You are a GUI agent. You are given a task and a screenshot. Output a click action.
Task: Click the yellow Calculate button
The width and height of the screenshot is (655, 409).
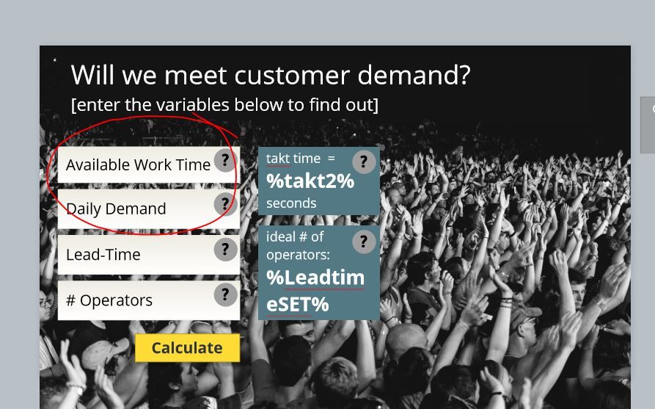pyautogui.click(x=187, y=348)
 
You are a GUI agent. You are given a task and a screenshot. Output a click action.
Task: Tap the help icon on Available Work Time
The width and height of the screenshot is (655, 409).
pyautogui.click(x=226, y=160)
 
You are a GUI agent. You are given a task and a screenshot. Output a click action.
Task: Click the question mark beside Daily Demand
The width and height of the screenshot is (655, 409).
pyautogui.click(x=226, y=204)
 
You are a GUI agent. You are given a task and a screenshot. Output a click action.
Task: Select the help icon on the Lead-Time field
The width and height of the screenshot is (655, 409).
pyautogui.click(x=226, y=250)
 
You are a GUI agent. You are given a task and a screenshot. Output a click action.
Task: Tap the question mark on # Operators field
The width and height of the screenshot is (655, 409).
pyautogui.click(x=226, y=295)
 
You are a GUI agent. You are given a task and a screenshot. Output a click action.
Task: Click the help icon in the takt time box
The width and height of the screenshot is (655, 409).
pyautogui.click(x=364, y=162)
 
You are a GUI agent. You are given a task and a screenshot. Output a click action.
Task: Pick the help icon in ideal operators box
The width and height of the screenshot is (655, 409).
pyautogui.click(x=364, y=242)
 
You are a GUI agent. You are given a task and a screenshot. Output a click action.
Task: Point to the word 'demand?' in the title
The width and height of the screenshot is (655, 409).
pyautogui.click(x=414, y=76)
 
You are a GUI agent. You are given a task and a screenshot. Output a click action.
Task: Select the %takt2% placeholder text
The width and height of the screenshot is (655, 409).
pyautogui.click(x=310, y=181)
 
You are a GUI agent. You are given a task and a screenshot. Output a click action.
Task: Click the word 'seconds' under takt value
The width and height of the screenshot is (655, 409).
pyautogui.click(x=291, y=203)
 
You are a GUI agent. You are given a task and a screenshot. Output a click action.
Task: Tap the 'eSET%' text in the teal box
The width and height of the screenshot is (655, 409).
pyautogui.click(x=297, y=305)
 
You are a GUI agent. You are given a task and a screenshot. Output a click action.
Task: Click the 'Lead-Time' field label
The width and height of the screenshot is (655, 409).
pyautogui.click(x=103, y=255)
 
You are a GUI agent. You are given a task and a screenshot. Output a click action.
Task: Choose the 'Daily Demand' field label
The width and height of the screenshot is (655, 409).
pyautogui.click(x=116, y=209)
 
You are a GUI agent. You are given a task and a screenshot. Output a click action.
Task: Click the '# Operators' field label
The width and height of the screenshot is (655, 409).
pyautogui.click(x=109, y=300)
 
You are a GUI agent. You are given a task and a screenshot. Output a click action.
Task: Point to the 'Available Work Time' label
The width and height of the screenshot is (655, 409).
pyautogui.click(x=139, y=165)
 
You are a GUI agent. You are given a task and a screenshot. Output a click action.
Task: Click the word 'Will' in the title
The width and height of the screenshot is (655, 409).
pyautogui.click(x=93, y=76)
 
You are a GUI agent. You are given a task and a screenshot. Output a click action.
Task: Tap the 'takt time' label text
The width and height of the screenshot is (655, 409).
pyautogui.click(x=293, y=159)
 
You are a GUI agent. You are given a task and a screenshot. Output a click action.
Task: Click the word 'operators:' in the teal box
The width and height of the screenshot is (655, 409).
pyautogui.click(x=298, y=255)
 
